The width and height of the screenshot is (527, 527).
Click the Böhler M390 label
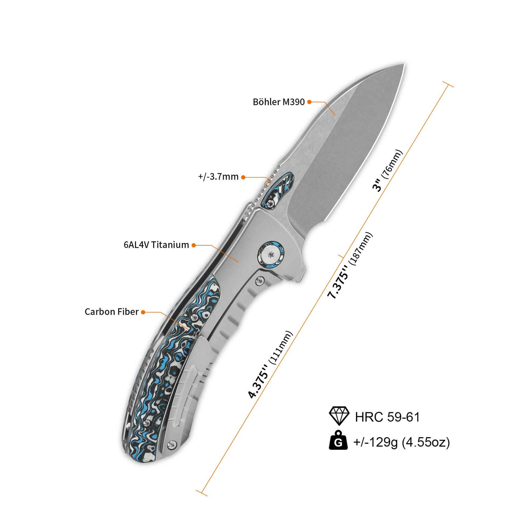[279, 102]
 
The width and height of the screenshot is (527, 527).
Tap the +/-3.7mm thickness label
[218, 177]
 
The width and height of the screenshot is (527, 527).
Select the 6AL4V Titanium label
[156, 245]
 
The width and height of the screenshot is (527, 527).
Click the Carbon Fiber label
[112, 312]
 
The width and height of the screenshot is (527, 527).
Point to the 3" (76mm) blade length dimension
[387, 171]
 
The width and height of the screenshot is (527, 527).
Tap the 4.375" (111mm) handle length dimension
[270, 365]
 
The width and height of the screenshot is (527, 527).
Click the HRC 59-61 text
[387, 417]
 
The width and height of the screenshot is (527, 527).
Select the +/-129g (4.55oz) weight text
[402, 442]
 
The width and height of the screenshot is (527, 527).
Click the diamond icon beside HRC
[339, 416]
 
